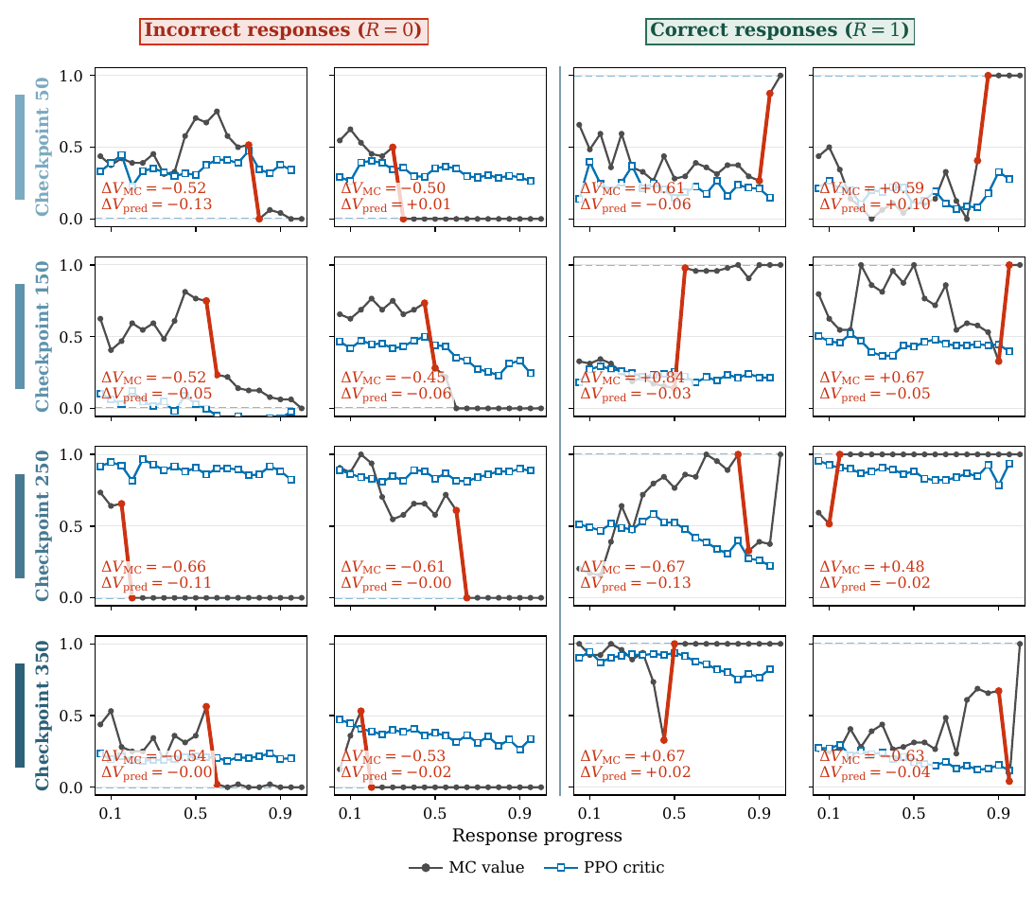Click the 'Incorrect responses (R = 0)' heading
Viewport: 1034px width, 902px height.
click(x=284, y=31)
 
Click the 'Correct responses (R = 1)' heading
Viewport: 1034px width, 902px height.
click(x=780, y=31)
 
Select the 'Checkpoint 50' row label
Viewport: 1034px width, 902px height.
click(x=43, y=147)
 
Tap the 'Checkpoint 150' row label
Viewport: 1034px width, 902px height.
click(x=43, y=336)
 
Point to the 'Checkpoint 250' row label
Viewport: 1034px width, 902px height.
click(x=43, y=525)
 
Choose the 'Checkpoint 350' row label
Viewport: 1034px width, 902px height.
click(x=43, y=715)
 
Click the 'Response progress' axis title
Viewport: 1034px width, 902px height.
click(x=536, y=836)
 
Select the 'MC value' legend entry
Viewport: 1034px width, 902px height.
click(x=467, y=868)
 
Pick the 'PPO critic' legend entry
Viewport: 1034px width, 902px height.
click(x=605, y=868)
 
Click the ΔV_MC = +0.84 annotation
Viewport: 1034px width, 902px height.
click(x=632, y=378)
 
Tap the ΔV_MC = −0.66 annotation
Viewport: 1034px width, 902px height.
click(x=153, y=567)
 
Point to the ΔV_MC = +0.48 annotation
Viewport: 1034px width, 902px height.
click(x=872, y=567)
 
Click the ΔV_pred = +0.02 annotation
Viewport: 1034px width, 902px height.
click(x=635, y=772)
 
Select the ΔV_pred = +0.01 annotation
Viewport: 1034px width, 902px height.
click(x=395, y=204)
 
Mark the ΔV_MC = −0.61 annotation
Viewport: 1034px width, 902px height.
click(x=393, y=567)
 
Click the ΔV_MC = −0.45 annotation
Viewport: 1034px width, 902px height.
click(x=393, y=378)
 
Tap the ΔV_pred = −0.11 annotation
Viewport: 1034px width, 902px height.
click(x=156, y=583)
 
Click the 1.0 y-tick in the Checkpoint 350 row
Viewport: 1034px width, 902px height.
click(x=71, y=644)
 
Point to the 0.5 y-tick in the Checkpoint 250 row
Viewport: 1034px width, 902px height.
click(x=71, y=526)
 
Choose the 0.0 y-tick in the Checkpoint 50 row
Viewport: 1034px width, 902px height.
click(x=71, y=219)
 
